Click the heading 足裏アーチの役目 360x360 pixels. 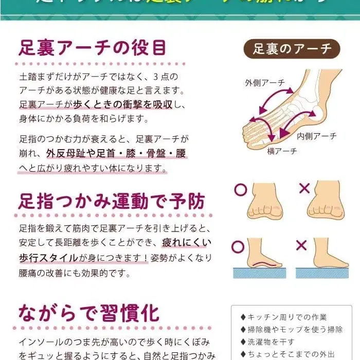click(93, 48)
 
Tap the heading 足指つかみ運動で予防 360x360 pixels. click(112, 201)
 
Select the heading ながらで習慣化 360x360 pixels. click(88, 313)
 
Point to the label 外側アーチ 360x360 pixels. click(265, 82)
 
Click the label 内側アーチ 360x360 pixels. click(316, 136)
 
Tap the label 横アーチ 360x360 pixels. click(282, 151)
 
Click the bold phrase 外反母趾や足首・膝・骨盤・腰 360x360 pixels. click(116, 154)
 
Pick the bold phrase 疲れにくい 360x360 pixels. click(187, 242)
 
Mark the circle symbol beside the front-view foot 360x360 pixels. click(240, 189)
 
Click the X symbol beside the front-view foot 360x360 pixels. click(304, 188)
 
